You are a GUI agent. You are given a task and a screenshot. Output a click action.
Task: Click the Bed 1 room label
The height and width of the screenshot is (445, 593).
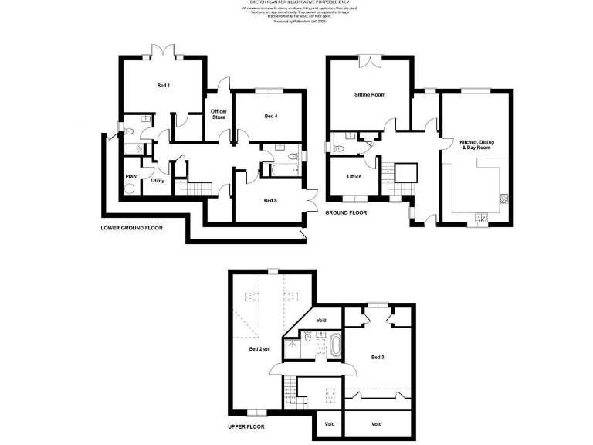pos(164,85)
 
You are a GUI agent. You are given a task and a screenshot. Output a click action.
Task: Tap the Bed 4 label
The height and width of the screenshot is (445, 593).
pos(270,117)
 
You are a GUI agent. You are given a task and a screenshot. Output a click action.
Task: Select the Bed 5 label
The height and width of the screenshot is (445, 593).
pos(269,201)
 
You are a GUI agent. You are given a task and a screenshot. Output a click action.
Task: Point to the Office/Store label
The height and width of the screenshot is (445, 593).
pos(219,115)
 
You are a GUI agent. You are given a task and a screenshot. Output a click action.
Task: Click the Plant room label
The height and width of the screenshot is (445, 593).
pos(131,177)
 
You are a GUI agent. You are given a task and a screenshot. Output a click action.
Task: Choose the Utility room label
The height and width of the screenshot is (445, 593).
pos(158,181)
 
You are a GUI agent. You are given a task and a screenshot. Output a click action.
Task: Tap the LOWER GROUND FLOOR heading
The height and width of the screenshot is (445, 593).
pos(132,229)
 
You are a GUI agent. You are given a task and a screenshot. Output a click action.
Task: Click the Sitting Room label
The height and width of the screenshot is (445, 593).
pos(370,95)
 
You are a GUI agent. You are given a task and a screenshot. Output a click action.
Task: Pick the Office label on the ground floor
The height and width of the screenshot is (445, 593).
pos(354,177)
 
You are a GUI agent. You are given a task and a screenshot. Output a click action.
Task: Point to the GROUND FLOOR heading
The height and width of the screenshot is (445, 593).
pos(346,212)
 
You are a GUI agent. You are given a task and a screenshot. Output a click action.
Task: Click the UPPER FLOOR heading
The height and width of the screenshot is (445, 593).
pos(246,426)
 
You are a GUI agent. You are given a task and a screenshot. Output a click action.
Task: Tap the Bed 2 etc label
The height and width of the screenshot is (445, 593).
pos(259,349)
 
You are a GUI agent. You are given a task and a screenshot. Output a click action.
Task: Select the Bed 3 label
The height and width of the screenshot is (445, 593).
pos(378,357)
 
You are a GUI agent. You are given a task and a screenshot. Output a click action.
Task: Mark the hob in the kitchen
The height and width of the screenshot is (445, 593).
pos(505,198)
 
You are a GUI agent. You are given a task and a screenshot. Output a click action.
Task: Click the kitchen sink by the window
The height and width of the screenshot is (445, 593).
pos(482,219)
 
